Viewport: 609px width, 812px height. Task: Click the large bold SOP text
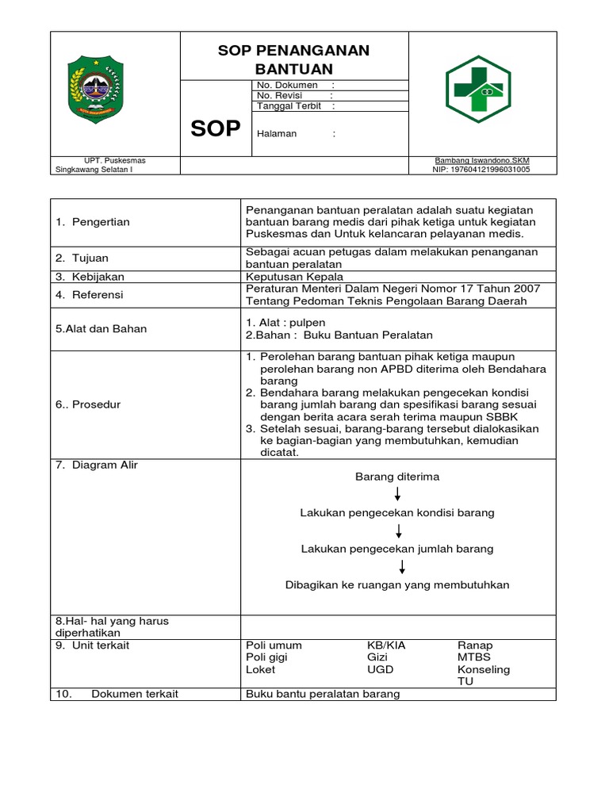(215, 129)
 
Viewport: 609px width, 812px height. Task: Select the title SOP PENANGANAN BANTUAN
(293, 59)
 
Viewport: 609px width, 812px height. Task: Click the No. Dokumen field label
(287, 85)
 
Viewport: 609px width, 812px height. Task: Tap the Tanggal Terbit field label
(289, 105)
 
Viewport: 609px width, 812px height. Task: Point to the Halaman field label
(277, 133)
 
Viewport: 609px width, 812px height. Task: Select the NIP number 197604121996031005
(481, 169)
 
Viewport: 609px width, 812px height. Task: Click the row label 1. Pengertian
(93, 222)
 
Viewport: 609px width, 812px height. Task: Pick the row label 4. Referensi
(90, 294)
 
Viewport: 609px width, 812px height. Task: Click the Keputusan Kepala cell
(294, 277)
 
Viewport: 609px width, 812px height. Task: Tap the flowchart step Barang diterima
(396, 477)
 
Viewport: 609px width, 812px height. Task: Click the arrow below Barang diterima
(397, 495)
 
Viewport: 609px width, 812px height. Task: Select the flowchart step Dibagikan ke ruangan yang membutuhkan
(397, 585)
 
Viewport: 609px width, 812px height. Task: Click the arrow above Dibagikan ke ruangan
(402, 566)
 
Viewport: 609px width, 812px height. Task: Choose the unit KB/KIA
(386, 645)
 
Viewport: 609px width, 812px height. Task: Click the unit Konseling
(483, 669)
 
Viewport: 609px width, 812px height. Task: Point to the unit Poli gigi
(266, 657)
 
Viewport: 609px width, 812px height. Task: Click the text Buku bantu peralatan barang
(323, 694)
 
